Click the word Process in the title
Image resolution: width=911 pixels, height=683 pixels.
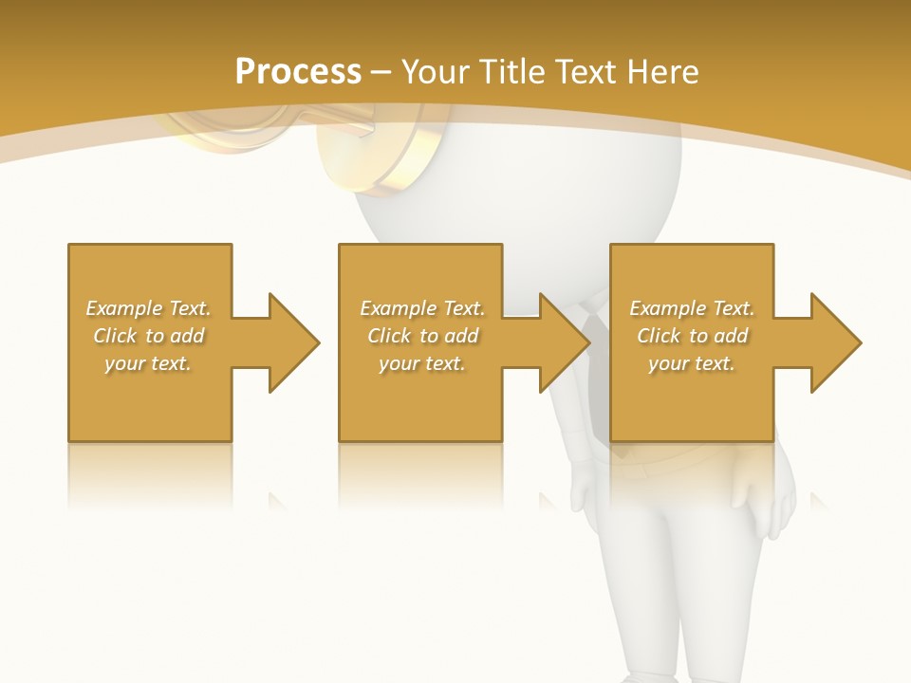(298, 72)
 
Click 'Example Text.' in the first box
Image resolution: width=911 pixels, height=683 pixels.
(148, 308)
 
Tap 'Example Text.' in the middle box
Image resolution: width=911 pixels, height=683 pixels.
(421, 308)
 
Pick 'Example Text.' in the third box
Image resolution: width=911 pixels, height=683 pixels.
(692, 308)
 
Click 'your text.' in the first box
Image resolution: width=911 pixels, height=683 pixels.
(148, 363)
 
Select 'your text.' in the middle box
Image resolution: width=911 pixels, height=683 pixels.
(421, 363)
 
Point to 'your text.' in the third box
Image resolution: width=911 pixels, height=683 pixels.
(692, 363)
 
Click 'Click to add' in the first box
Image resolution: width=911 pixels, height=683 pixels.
(148, 336)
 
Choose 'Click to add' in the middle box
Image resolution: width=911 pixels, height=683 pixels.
(421, 336)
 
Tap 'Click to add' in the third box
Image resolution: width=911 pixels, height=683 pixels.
(692, 336)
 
